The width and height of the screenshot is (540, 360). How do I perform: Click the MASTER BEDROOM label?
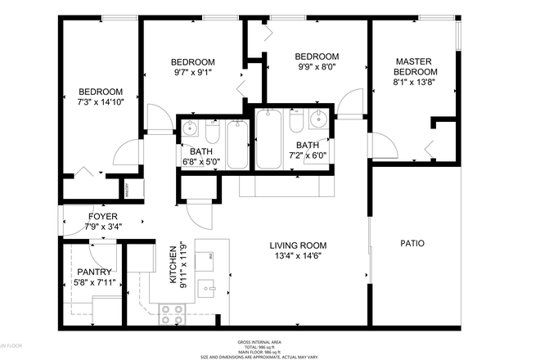pos(416,67)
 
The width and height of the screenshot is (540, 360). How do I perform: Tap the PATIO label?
pos(412,243)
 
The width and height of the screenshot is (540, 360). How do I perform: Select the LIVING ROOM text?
pos(299,245)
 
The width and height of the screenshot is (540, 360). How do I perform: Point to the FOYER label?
pos(103,217)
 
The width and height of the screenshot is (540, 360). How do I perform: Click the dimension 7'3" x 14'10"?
pos(100,102)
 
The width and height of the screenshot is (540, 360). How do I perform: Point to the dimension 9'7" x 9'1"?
pos(192,73)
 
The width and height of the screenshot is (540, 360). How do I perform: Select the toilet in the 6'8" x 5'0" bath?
pos(211,133)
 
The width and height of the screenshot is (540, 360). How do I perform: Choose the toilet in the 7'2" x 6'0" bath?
pos(297,124)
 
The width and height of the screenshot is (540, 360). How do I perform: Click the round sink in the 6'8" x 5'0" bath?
pos(190,128)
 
